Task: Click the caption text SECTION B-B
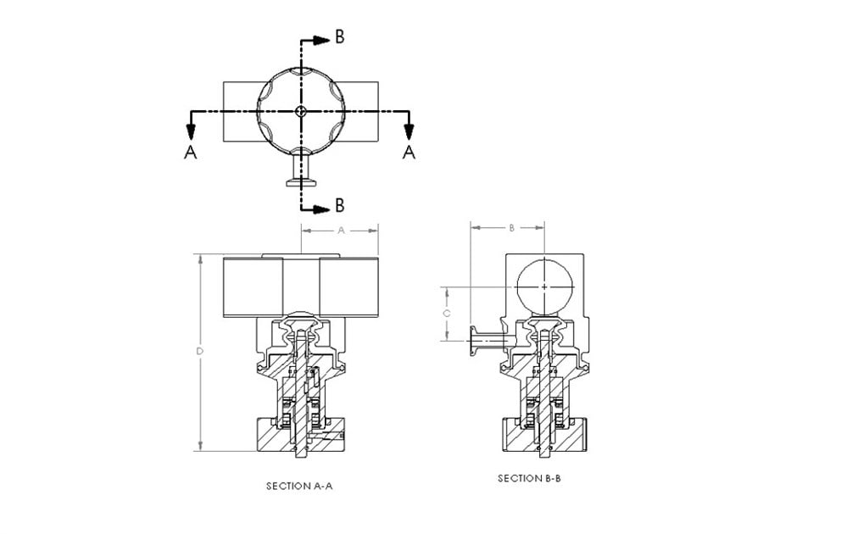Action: tap(529, 479)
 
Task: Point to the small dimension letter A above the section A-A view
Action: tap(341, 230)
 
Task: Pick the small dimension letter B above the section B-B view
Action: tap(511, 228)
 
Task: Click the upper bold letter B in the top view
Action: tap(339, 36)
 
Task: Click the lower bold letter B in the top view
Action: tap(339, 205)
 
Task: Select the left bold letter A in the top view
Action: tap(191, 153)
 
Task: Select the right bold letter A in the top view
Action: tap(409, 153)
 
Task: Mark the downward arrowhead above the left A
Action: tap(191, 131)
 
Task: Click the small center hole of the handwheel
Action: tap(300, 111)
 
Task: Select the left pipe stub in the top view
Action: tap(240, 111)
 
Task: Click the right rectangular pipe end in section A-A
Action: tap(348, 286)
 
